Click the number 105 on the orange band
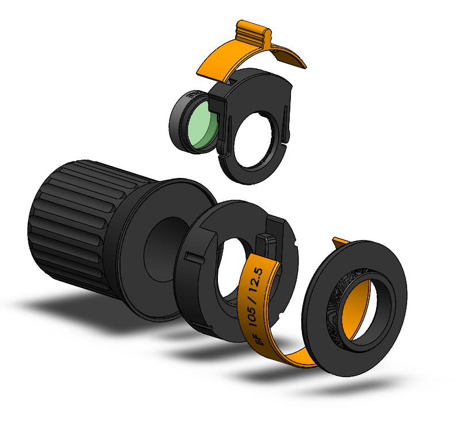pyautogui.click(x=251, y=314)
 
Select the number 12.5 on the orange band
pyautogui.click(x=258, y=280)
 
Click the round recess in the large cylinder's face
pyautogui.click(x=166, y=250)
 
